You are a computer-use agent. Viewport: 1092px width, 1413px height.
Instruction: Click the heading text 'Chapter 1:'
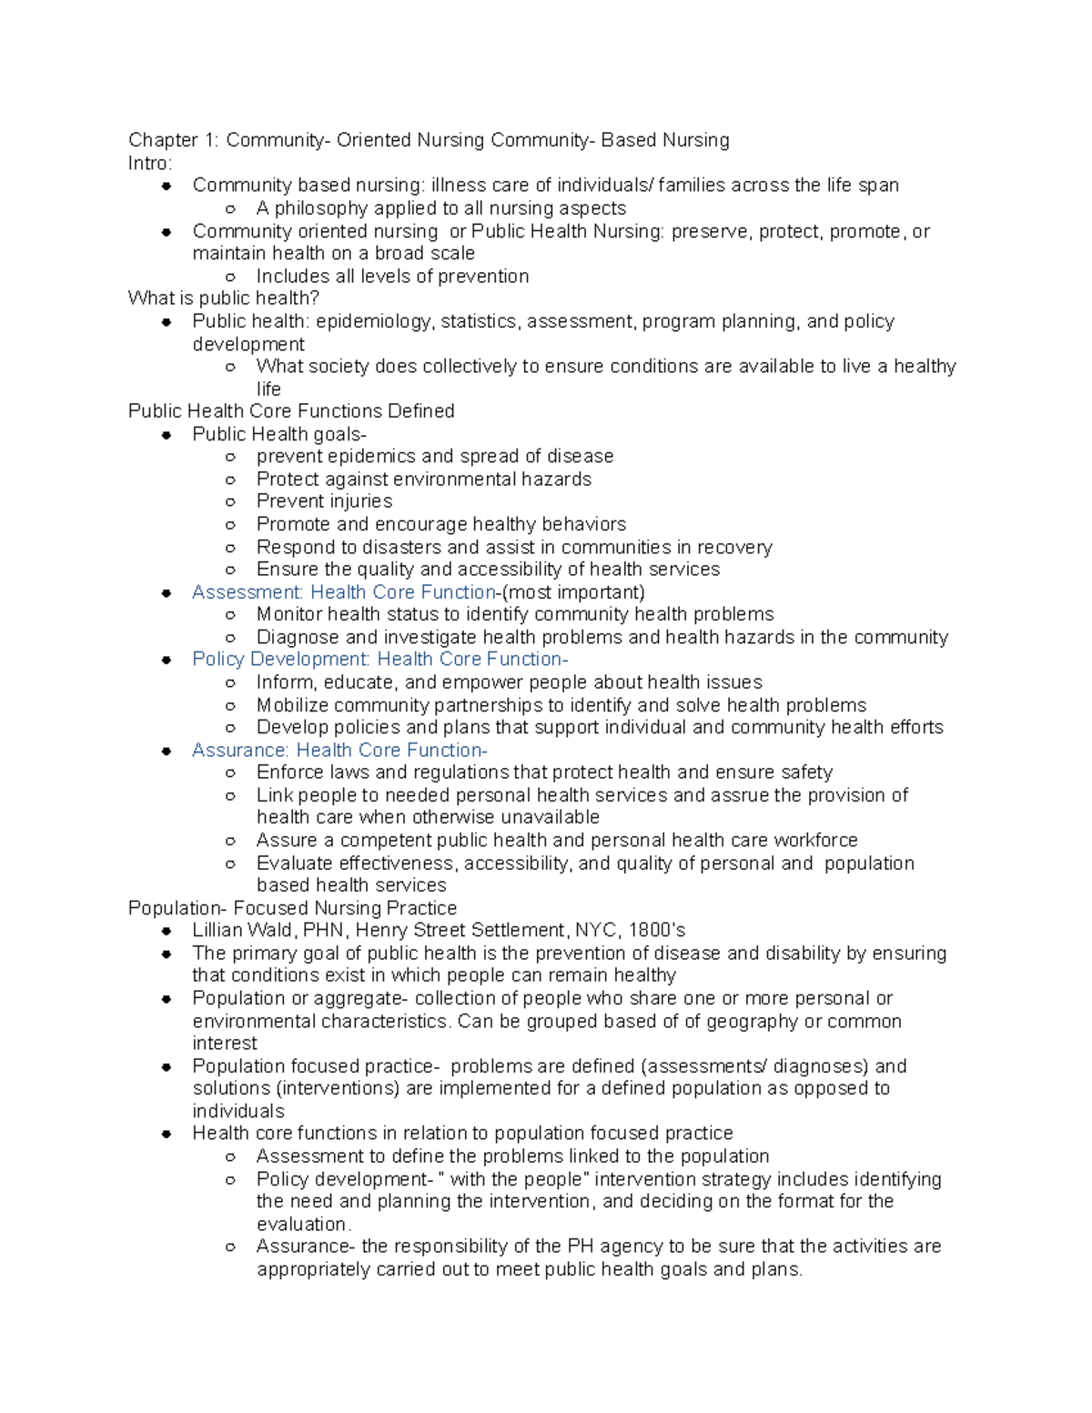(173, 140)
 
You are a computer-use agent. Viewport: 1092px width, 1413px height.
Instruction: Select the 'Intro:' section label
(149, 163)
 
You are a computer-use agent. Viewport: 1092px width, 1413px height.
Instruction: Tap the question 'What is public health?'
(223, 298)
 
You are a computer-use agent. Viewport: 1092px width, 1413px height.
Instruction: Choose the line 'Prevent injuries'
(324, 501)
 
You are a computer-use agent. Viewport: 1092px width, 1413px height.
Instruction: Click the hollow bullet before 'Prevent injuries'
(230, 502)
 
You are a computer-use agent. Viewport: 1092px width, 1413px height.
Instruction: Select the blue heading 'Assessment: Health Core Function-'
(345, 592)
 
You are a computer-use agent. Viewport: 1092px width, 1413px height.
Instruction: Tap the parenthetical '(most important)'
(573, 592)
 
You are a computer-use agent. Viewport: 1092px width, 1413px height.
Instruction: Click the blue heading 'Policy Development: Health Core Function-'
(379, 660)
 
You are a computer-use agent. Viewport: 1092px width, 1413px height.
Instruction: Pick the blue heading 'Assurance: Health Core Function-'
(339, 751)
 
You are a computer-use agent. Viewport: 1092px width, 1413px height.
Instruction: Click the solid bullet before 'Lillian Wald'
(167, 931)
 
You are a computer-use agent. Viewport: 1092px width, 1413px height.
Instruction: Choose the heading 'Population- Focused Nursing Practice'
(292, 908)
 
